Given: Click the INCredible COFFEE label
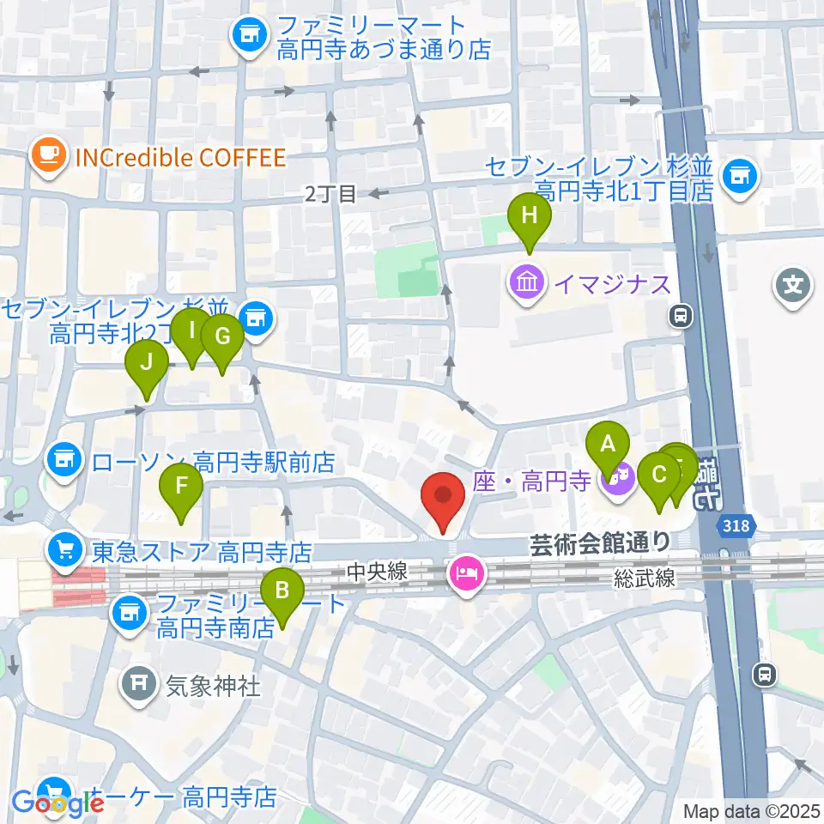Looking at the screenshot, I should coord(180,157).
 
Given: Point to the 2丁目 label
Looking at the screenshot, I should coord(330,195).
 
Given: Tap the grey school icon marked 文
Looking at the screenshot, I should coord(792,284).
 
